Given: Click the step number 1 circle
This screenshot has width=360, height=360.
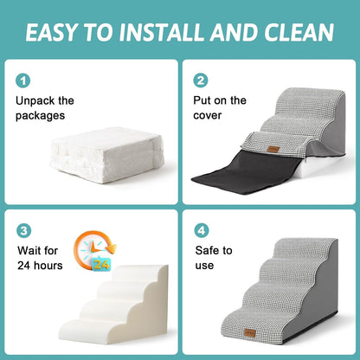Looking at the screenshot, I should click(22, 80).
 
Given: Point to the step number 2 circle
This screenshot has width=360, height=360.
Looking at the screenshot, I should click(201, 80).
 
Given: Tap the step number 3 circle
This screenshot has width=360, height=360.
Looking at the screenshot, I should click(22, 231).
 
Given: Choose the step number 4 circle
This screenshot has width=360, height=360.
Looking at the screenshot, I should click(201, 231).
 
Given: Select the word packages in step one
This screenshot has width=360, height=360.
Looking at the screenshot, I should click(42, 117).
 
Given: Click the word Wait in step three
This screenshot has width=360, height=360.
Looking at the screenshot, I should click(29, 250).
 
